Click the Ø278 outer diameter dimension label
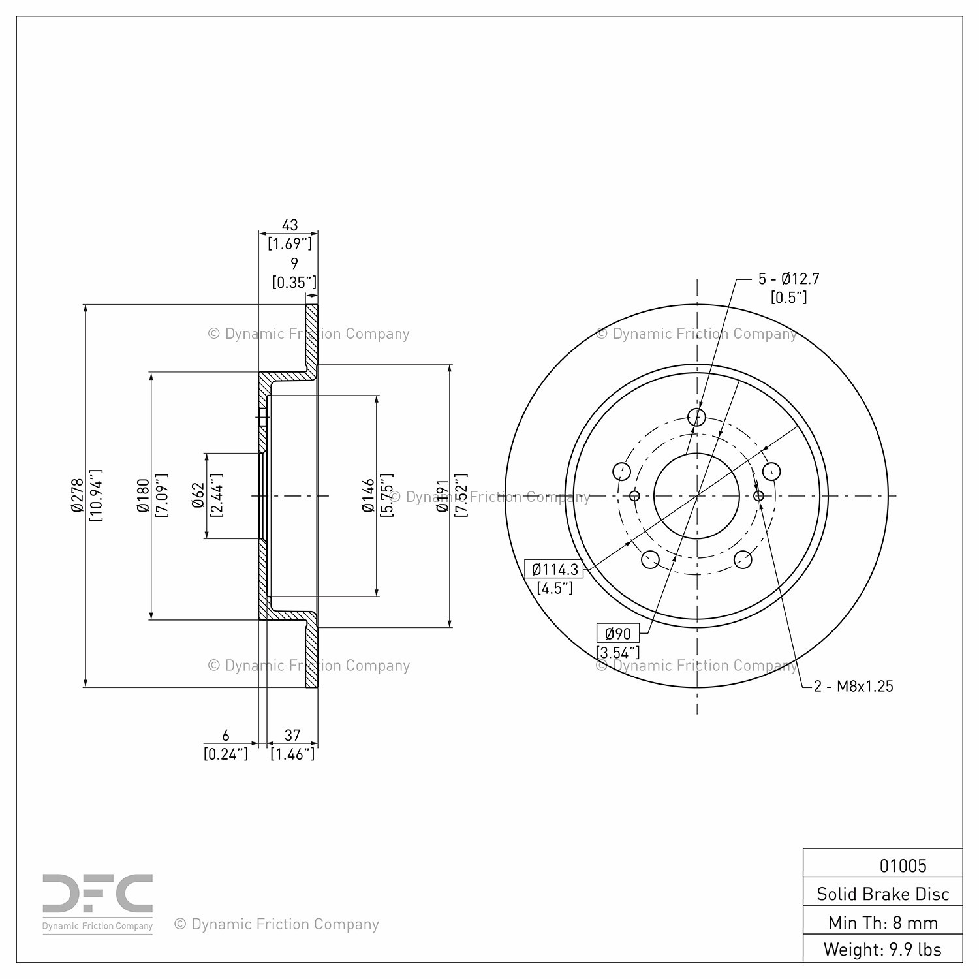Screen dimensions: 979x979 pyautogui.click(x=78, y=495)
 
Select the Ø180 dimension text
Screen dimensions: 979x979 pyautogui.click(x=143, y=495)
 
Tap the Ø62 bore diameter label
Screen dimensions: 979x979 pyautogui.click(x=198, y=495)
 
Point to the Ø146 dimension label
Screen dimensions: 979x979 pyautogui.click(x=369, y=495)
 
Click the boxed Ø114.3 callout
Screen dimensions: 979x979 pyautogui.click(x=555, y=569)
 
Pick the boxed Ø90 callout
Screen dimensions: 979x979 pyautogui.click(x=618, y=633)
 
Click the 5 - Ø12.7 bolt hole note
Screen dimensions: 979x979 pyautogui.click(x=788, y=279)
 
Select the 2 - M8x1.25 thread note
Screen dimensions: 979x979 pyautogui.click(x=854, y=686)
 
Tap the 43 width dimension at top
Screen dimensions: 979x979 pyautogui.click(x=289, y=225)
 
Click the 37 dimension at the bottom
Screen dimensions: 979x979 pyautogui.click(x=292, y=736)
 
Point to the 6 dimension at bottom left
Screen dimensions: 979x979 pyautogui.click(x=226, y=736)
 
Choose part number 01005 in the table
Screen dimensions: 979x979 pyautogui.click(x=903, y=865)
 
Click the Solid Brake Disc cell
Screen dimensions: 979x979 pyautogui.click(x=883, y=894)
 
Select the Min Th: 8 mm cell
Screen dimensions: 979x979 pyautogui.click(x=883, y=922)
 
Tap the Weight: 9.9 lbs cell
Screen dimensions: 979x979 pyautogui.click(x=883, y=949)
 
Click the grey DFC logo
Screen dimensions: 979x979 pyautogui.click(x=98, y=895)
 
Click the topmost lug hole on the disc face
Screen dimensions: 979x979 pyautogui.click(x=697, y=417)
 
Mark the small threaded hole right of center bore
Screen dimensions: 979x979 pyautogui.click(x=758, y=496)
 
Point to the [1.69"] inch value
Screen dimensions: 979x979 pyautogui.click(x=290, y=244)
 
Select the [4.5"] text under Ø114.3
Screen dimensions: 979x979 pyautogui.click(x=555, y=588)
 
